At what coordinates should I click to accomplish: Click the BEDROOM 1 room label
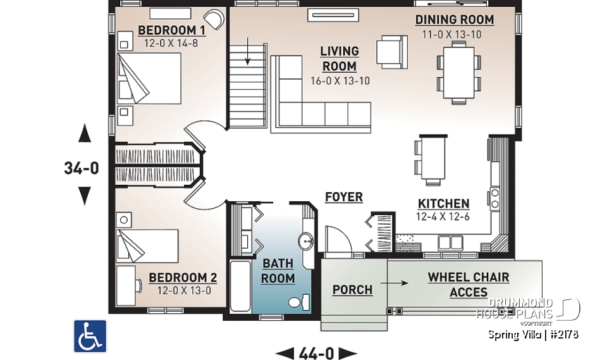171,30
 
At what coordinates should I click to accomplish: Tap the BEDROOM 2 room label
183,278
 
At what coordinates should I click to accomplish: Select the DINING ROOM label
455,20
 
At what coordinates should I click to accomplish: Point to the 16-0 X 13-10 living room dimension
340,80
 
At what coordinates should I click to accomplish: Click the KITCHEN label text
443,204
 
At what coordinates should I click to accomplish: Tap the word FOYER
344,197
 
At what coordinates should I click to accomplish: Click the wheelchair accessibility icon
90,336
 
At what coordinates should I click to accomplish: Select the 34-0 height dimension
82,168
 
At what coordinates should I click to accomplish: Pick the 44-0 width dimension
317,352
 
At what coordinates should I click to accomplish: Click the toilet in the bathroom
298,302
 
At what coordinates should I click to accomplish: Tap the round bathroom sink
307,241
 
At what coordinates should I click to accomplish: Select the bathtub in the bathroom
240,285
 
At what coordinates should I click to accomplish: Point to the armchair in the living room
391,51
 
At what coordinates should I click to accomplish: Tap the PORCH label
352,290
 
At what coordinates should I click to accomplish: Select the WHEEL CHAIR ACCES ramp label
469,285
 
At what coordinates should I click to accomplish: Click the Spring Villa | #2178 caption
533,334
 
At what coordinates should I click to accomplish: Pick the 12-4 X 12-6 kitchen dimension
443,216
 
